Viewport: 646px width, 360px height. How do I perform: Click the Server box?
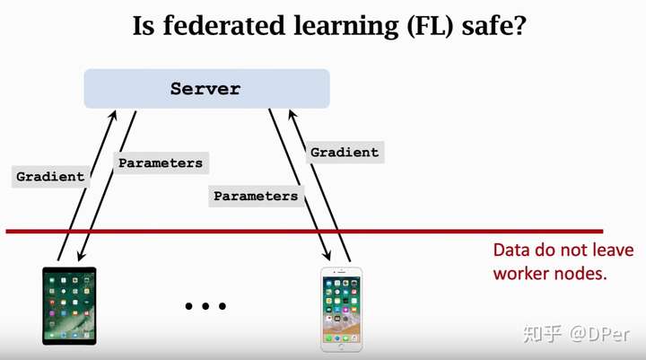click(206, 89)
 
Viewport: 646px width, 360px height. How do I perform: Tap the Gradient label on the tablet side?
click(50, 177)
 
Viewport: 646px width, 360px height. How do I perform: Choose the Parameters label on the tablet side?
click(161, 163)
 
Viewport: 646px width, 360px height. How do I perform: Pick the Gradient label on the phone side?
click(345, 153)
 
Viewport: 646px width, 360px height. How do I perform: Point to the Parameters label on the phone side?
click(256, 196)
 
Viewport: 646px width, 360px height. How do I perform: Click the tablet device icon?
click(69, 305)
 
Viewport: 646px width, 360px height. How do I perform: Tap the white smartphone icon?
click(342, 309)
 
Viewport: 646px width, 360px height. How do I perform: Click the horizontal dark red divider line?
click(305, 232)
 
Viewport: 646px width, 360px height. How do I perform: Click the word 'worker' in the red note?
click(521, 273)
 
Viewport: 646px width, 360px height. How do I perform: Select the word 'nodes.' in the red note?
click(582, 273)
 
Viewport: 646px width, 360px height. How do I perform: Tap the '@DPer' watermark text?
click(597, 334)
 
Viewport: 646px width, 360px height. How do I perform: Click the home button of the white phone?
click(342, 345)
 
